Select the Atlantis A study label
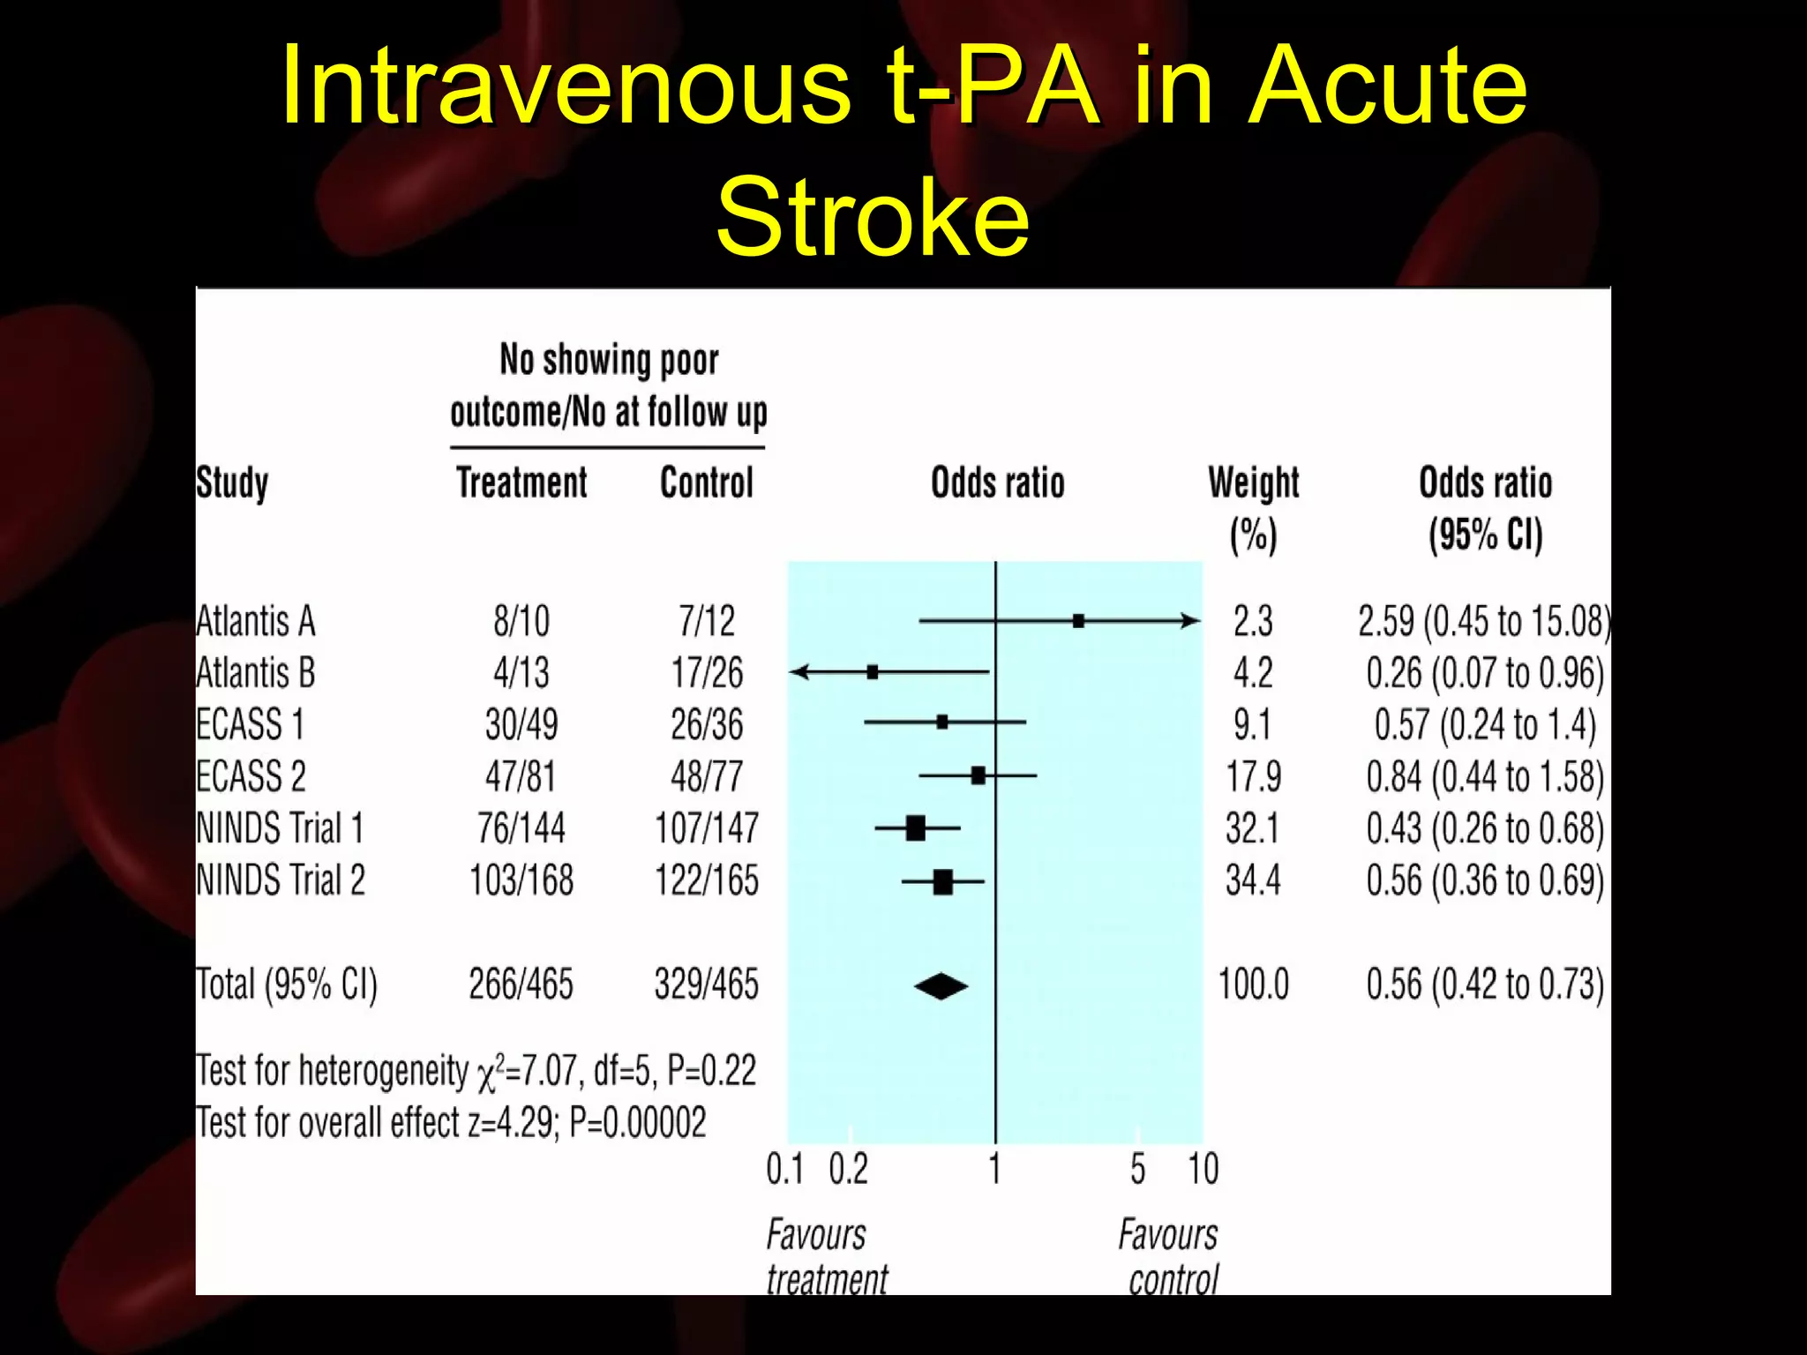coord(255,621)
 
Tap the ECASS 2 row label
coord(251,776)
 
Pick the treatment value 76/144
coord(521,828)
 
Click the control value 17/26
coord(707,673)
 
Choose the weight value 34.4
coord(1253,880)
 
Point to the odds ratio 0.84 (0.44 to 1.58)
coord(1485,777)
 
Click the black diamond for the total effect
coord(941,985)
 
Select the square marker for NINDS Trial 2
coord(942,881)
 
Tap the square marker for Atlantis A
coord(1078,621)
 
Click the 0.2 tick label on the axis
coord(848,1170)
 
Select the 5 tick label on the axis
coord(1137,1170)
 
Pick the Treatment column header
coord(521,483)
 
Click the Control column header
coord(707,483)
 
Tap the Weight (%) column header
coord(1253,508)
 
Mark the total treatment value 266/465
coord(521,984)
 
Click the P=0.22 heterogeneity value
coord(711,1071)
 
